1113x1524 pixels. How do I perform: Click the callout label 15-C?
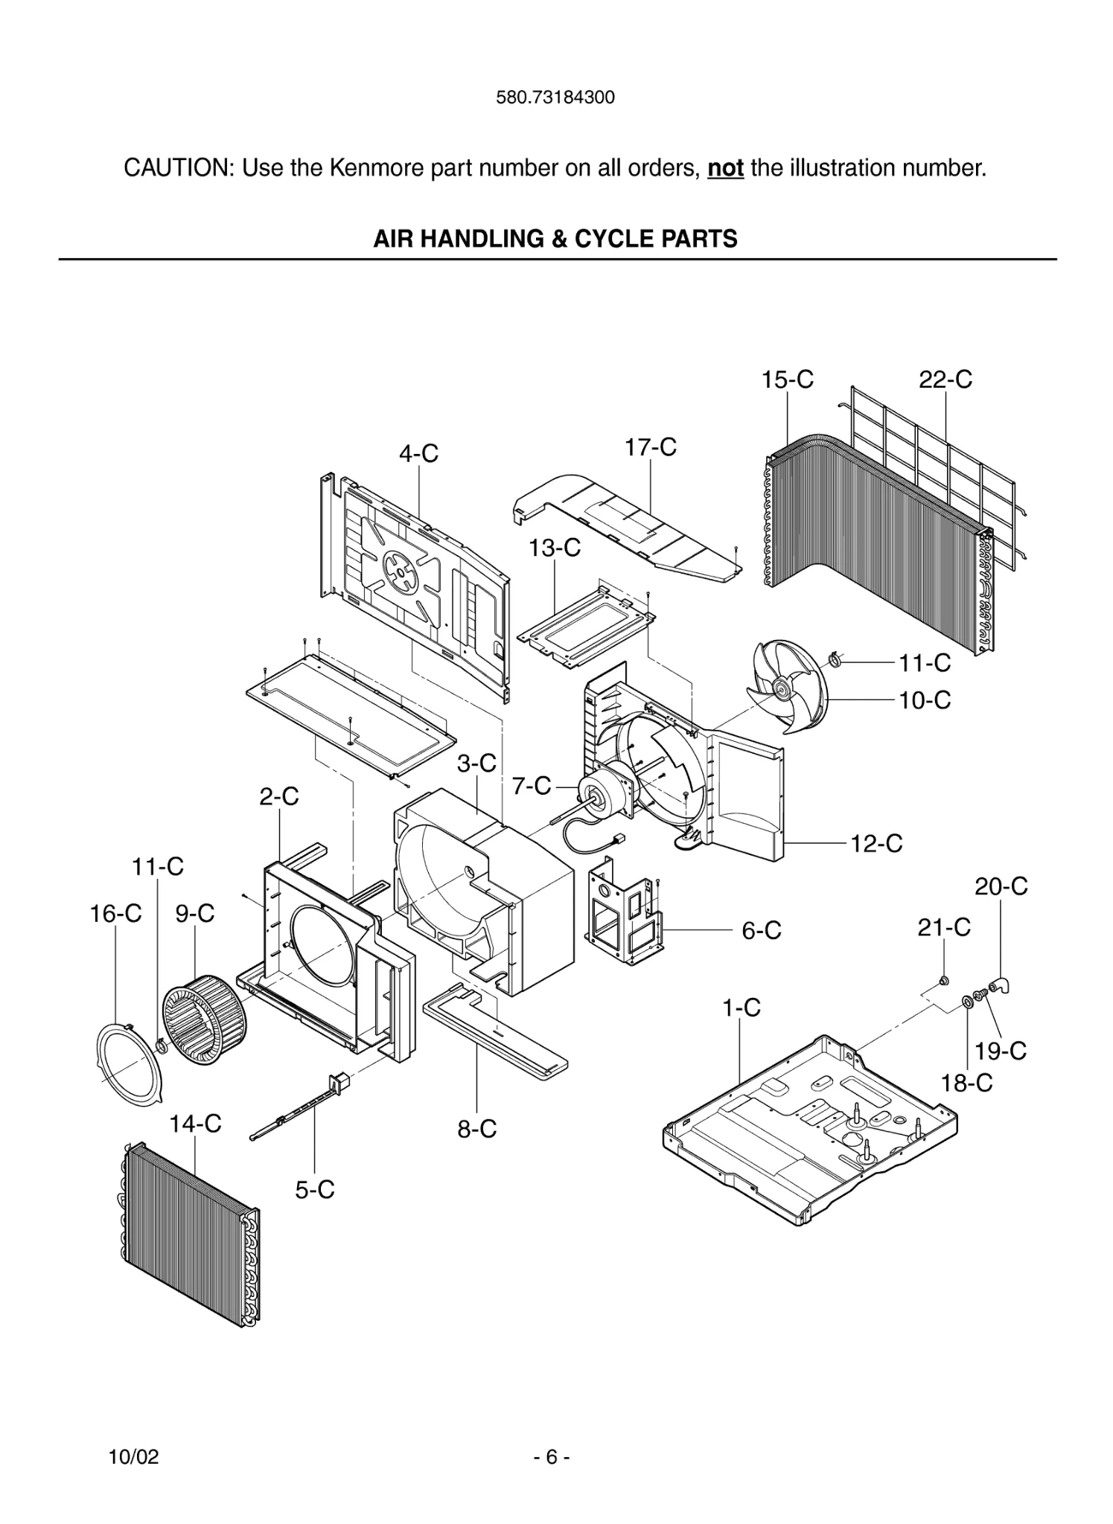click(787, 380)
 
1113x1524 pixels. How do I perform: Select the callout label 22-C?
click(945, 380)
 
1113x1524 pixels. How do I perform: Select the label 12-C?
click(876, 844)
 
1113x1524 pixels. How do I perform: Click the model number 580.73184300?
click(555, 97)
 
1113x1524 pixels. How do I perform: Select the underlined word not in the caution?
click(725, 168)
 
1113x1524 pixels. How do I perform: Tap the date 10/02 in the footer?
click(134, 1457)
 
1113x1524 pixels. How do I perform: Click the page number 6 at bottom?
click(552, 1457)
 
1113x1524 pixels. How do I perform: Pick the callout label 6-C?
click(762, 930)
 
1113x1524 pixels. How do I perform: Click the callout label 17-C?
click(650, 447)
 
